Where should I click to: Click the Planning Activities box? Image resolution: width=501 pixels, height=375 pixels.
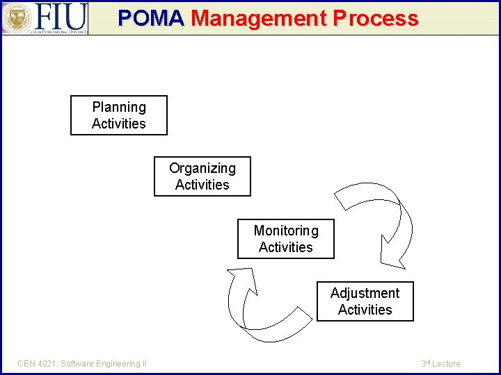pos(119,115)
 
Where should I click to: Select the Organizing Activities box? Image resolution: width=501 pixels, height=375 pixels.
pos(202,176)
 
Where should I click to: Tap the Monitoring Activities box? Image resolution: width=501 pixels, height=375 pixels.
pos(285,239)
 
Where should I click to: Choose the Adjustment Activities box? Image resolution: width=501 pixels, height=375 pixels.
pos(365,301)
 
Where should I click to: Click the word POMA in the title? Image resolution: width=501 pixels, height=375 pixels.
pos(151,18)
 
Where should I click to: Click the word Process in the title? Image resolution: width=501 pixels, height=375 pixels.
pos(376,18)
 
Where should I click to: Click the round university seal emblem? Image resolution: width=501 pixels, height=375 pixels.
pos(16,18)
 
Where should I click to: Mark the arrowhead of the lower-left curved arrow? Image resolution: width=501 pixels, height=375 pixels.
pos(239,280)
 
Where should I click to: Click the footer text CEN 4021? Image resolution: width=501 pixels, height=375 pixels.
pos(38,364)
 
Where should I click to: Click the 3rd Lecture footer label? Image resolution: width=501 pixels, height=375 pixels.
pos(441,364)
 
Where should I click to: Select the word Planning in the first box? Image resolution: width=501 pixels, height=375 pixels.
pos(119,107)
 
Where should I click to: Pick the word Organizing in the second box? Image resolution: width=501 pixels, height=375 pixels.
pos(202,168)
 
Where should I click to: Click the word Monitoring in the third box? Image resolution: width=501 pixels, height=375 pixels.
pos(286,231)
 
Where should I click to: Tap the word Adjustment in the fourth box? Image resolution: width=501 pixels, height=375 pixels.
pos(365,293)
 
